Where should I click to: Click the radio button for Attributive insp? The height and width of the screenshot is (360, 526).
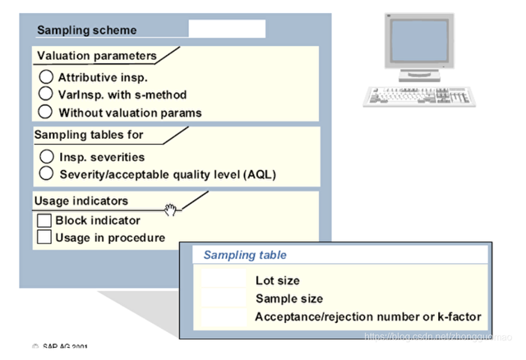tap(47, 76)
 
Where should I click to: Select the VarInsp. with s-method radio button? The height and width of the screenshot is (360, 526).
tap(47, 94)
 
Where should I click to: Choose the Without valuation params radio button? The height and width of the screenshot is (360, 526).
tap(47, 111)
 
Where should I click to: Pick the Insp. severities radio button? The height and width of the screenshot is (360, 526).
tap(47, 155)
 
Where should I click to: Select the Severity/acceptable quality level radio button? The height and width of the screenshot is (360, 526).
tap(47, 173)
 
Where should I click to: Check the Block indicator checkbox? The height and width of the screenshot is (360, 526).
tap(44, 220)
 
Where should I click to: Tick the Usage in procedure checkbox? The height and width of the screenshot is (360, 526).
tap(44, 238)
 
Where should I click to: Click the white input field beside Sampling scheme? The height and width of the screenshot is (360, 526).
tap(227, 29)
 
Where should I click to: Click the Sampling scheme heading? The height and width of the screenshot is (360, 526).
tap(87, 30)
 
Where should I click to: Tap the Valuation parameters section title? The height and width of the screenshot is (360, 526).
tap(95, 56)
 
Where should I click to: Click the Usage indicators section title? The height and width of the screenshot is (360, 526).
tap(81, 201)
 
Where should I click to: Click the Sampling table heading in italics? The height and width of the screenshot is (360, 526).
tap(245, 256)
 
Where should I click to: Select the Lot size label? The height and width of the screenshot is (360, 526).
tap(277, 280)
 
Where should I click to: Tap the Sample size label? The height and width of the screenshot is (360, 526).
tap(288, 298)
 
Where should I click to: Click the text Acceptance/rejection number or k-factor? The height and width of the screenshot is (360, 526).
tap(367, 316)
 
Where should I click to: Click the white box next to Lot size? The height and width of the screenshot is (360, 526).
tap(224, 280)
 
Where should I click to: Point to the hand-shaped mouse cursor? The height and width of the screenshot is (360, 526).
tap(171, 210)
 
